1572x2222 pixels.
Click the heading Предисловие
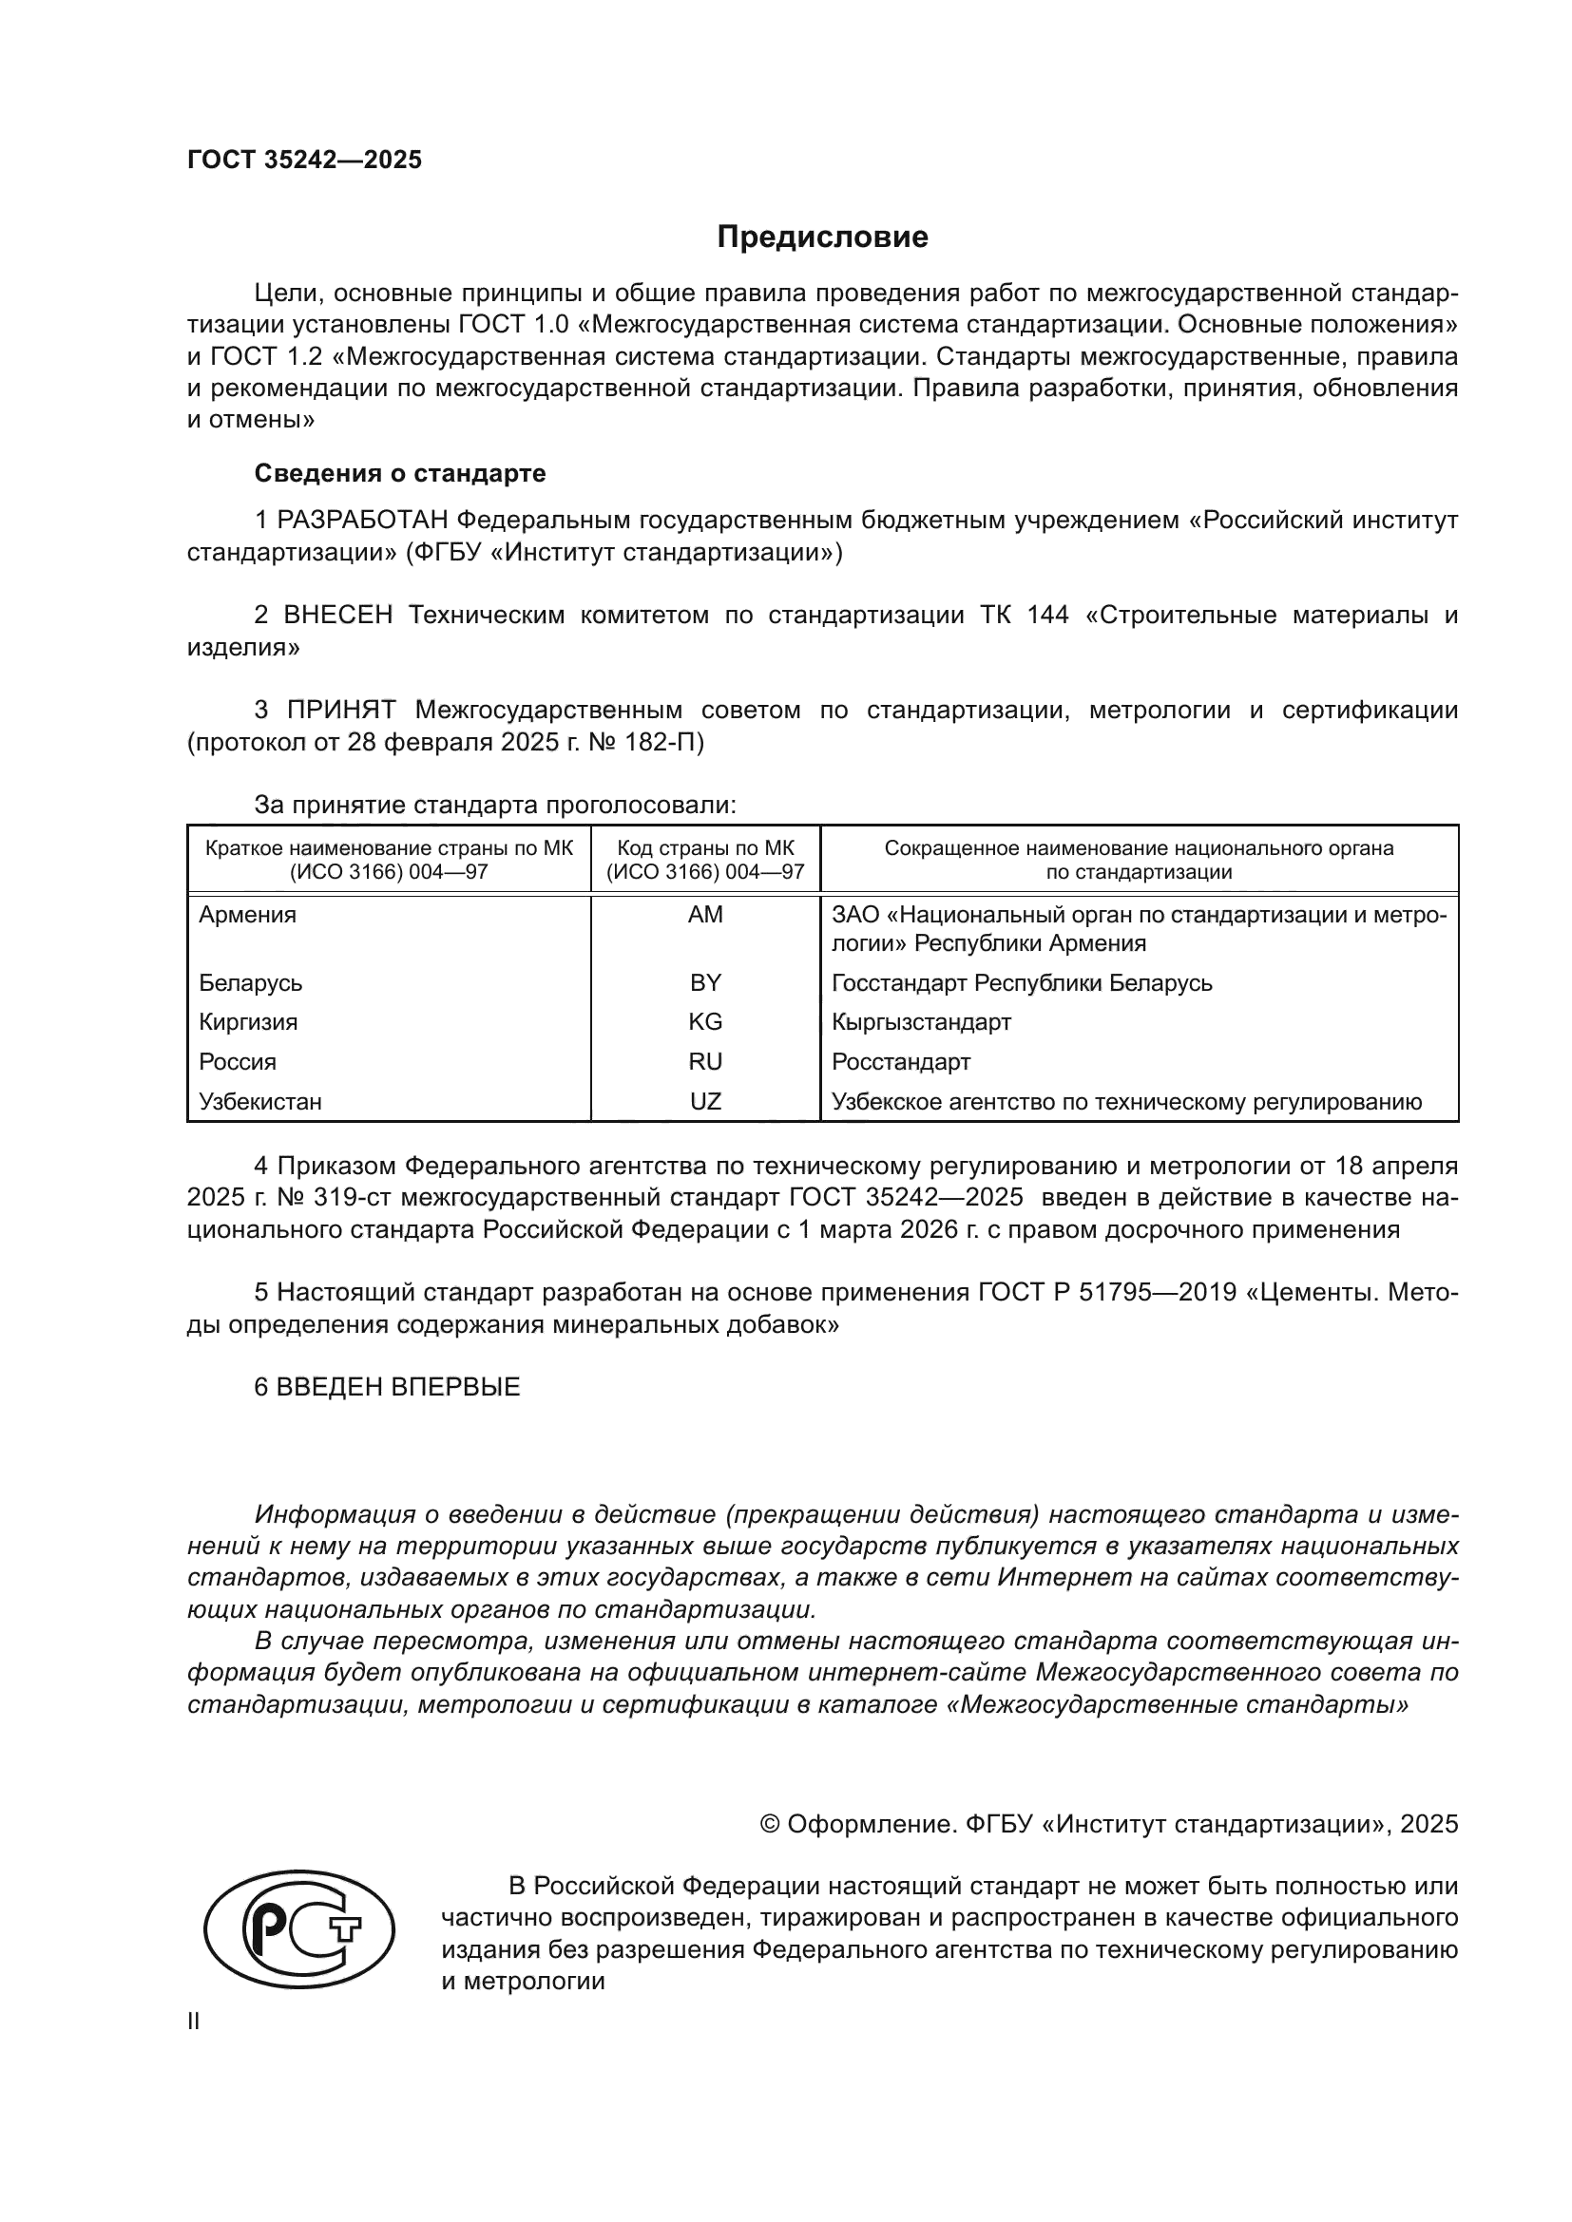coord(822,237)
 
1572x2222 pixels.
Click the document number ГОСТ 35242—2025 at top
coord(305,160)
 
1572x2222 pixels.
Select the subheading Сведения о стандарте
coord(400,473)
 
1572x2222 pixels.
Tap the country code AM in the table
coord(704,915)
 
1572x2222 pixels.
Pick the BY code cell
coord(704,983)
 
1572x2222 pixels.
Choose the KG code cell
coord(704,1022)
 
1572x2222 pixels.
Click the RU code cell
coord(704,1062)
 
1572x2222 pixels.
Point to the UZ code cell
coord(704,1101)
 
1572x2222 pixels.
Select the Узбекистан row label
coord(260,1101)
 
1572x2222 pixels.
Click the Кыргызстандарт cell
coord(921,1022)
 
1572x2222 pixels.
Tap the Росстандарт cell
coord(900,1062)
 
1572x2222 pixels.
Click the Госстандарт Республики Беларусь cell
coord(1021,983)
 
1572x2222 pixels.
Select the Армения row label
coord(248,915)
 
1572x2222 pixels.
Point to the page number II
coord(194,2021)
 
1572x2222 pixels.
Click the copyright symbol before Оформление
coord(770,1824)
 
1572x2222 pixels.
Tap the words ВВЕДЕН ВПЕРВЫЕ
coord(398,1387)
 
